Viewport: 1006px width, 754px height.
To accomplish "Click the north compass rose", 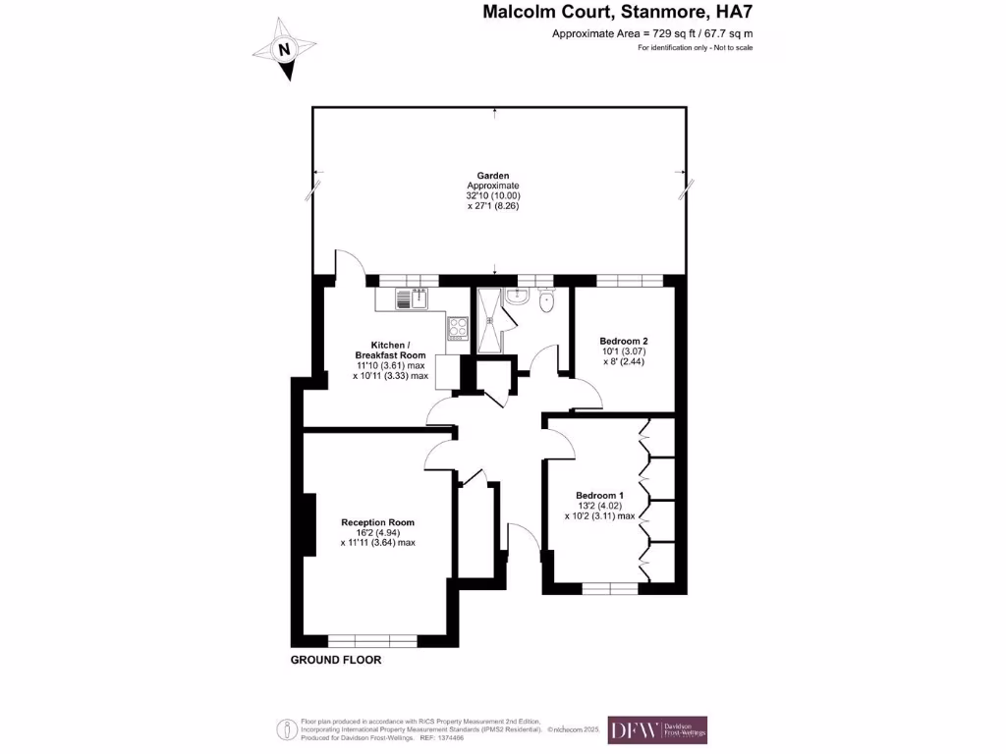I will (284, 49).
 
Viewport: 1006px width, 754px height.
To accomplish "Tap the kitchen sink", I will (414, 297).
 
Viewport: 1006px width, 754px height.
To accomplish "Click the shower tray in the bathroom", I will (488, 320).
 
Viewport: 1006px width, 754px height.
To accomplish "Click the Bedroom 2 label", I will (624, 341).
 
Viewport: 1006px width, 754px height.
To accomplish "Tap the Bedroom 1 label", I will (599, 495).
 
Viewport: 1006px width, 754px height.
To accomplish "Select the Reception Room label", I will (377, 522).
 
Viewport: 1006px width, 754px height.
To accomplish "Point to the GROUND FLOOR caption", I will (335, 661).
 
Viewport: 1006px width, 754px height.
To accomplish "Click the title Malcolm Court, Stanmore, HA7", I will (618, 14).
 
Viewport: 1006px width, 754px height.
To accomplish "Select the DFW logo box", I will (657, 729).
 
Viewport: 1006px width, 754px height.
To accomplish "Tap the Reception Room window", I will (372, 641).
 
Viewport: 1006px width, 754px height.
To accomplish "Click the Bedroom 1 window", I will (609, 589).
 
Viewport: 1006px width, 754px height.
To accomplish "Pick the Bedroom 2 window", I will (623, 281).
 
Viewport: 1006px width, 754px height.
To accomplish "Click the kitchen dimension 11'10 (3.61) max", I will (390, 365).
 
